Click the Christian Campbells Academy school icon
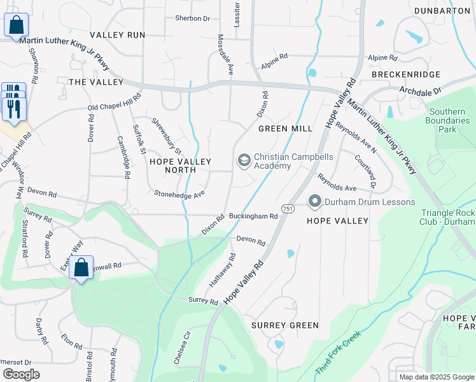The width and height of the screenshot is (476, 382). click(x=243, y=160)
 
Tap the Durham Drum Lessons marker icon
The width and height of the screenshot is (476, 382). click(x=314, y=202)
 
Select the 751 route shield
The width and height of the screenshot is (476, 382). click(x=288, y=209)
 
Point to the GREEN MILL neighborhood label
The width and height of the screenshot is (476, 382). click(x=285, y=129)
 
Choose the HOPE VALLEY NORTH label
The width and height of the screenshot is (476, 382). click(x=180, y=167)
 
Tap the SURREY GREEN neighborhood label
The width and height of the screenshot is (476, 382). click(x=284, y=325)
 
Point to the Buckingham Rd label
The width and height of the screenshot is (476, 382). click(x=253, y=216)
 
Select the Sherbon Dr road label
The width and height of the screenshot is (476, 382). click(x=192, y=18)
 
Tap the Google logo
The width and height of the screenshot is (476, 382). click(x=21, y=374)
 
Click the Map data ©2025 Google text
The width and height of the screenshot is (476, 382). click(x=436, y=377)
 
